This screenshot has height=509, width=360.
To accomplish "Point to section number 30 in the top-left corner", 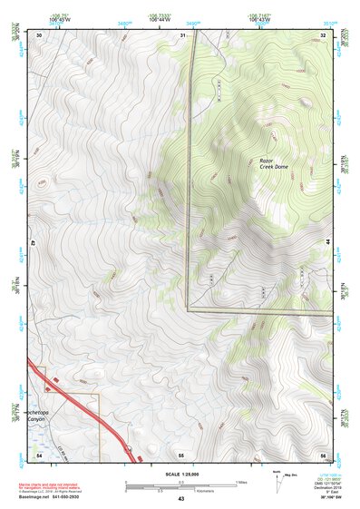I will click(x=40, y=34).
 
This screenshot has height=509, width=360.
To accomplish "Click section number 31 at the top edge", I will click(x=181, y=34).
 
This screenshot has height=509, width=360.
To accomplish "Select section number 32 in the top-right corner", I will click(x=323, y=34).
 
